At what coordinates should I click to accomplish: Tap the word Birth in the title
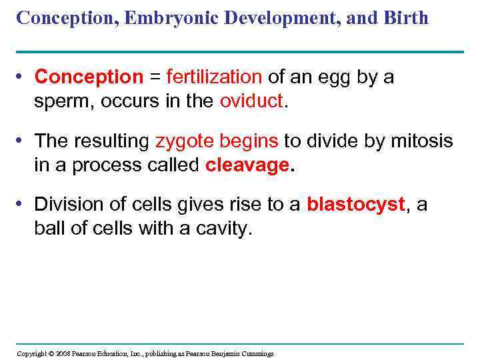point(405,17)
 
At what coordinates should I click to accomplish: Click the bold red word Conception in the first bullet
point(89,78)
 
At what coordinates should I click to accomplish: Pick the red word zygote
point(182,142)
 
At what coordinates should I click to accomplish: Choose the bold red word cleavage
point(247,165)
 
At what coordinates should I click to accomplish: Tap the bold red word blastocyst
point(356,205)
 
